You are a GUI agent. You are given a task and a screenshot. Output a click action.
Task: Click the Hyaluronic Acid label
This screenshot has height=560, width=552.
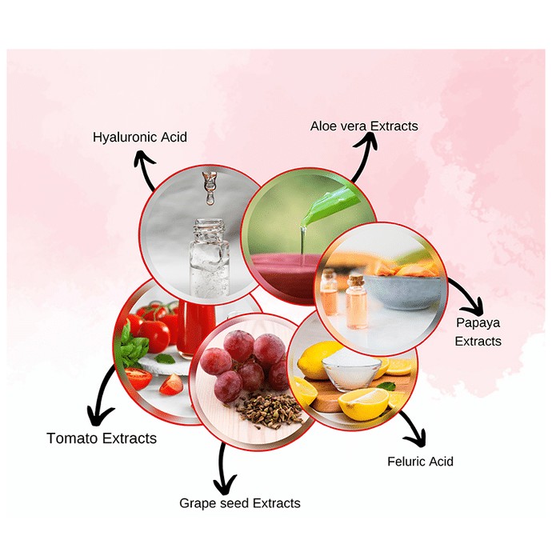click(140, 137)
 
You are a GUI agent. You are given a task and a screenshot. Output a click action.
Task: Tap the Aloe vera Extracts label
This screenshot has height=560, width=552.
click(364, 126)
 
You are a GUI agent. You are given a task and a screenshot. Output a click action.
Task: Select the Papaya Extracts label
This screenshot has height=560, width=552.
click(478, 332)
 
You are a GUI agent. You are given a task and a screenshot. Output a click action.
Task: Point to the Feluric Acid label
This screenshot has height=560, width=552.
click(420, 461)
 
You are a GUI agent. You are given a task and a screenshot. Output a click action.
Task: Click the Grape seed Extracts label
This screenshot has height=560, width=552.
click(239, 503)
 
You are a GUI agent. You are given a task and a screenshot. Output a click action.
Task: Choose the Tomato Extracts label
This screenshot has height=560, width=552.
click(102, 438)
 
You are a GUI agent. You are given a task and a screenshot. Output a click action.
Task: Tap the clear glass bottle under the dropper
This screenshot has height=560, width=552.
click(210, 259)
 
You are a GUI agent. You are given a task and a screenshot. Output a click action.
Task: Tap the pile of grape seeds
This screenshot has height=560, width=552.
click(270, 410)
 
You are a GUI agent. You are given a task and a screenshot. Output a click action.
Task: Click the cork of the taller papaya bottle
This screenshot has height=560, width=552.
click(356, 281)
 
